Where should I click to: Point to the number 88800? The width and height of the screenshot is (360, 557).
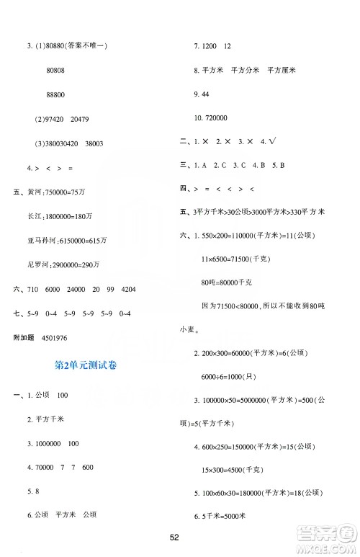tap(56, 94)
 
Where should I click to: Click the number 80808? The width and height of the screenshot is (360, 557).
tap(56, 71)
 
